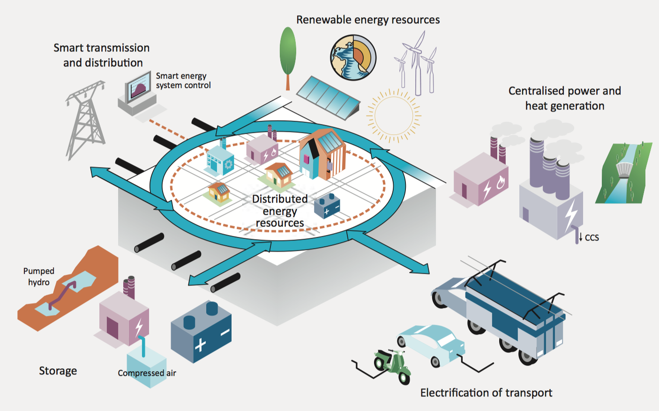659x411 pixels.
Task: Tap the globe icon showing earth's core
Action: point(353,57)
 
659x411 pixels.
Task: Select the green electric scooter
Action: point(393,365)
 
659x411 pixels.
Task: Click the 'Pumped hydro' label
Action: point(39,277)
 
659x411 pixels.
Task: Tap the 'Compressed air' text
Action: point(147,373)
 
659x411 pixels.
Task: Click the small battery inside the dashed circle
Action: point(327,205)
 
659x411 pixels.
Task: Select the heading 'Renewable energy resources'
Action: point(368,20)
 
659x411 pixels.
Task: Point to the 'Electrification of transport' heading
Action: point(486,393)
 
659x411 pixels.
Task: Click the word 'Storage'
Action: point(58,371)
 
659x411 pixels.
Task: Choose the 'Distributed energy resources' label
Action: point(280,211)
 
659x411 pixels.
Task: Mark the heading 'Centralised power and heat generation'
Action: point(564,98)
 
